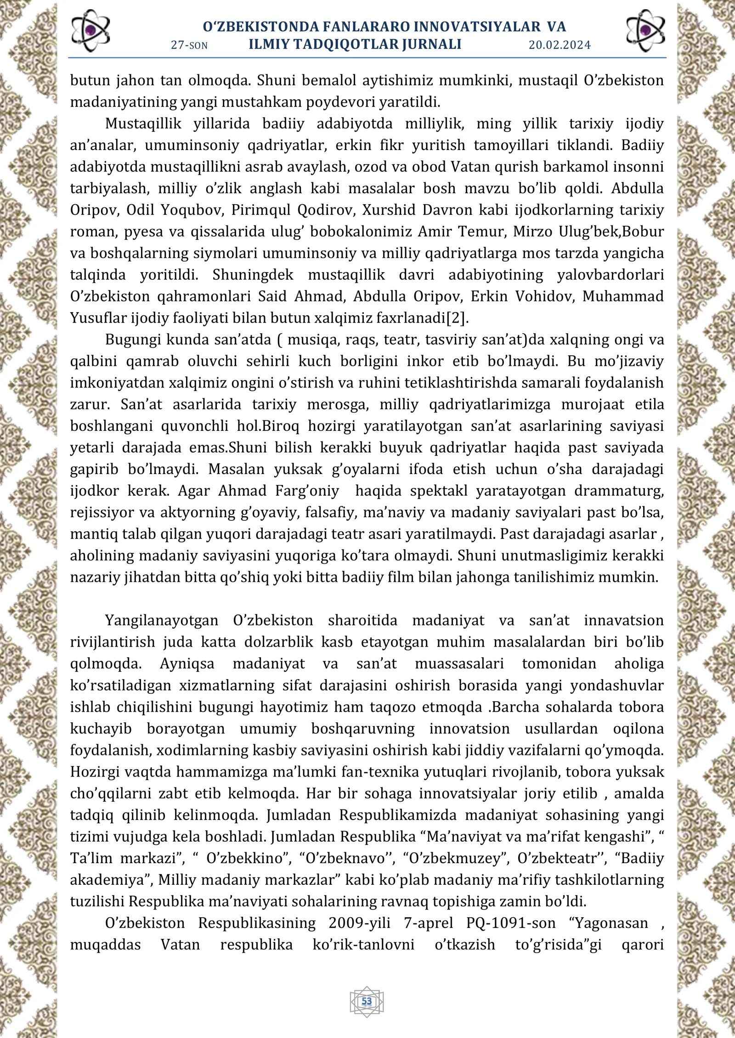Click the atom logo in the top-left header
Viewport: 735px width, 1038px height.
90,31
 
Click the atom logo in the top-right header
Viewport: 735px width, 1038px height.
645,31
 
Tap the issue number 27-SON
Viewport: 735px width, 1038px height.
189,45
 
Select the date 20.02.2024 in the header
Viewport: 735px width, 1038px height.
560,45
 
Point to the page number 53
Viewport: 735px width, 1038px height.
367,1001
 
